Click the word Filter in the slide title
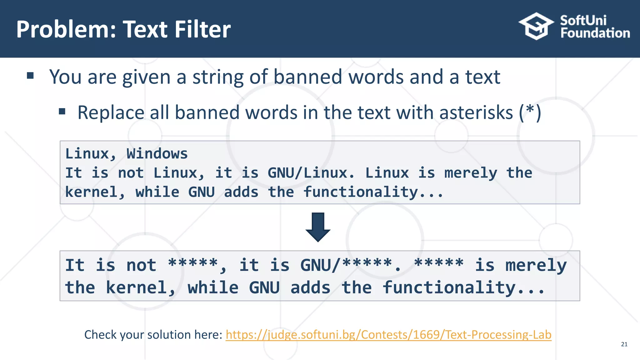point(202,29)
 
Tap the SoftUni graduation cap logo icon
point(536,26)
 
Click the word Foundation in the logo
point(595,33)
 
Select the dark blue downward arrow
point(318,227)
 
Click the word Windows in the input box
point(157,154)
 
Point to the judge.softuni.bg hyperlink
point(388,335)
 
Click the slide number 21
point(624,344)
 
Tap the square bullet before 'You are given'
point(30,75)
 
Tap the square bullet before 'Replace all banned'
point(62,111)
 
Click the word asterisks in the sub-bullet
point(476,112)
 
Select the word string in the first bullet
point(217,77)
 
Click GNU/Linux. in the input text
point(311,173)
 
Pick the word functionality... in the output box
point(464,287)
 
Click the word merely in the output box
point(536,266)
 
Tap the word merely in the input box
point(471,173)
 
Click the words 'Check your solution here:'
point(153,335)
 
